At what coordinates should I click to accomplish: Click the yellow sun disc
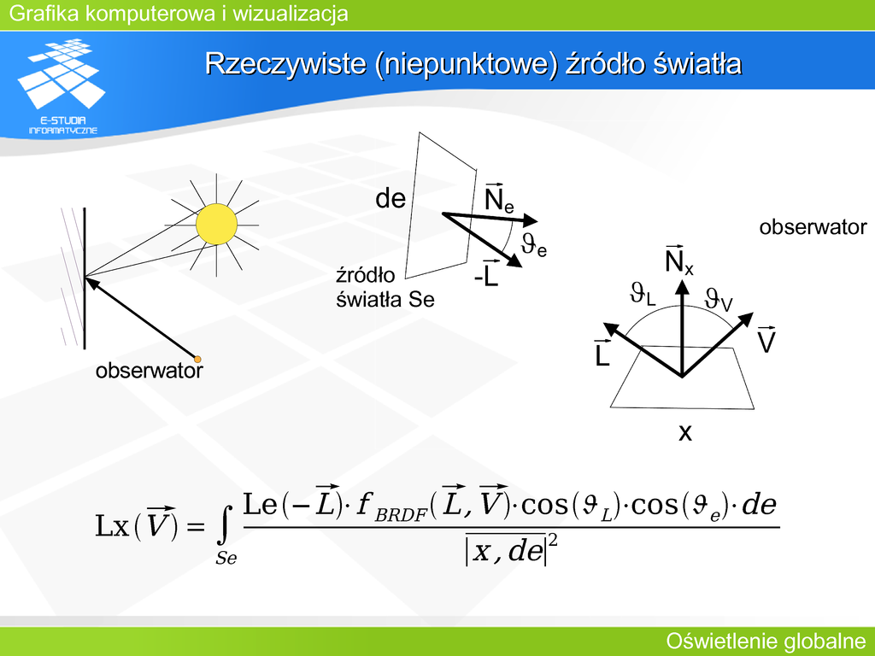coord(216,225)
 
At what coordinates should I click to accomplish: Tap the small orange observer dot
coord(197,360)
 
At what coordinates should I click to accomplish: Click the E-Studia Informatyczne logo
coord(62,86)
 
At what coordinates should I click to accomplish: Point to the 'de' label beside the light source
coord(391,198)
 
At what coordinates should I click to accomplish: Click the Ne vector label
coord(499,198)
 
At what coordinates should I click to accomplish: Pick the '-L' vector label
coord(486,273)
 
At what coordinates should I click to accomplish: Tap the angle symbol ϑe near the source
coord(534,244)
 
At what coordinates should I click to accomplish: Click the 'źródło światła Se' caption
coord(385,287)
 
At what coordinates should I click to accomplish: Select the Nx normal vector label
coord(679,260)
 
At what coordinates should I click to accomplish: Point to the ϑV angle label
coord(719,300)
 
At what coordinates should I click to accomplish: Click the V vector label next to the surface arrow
coord(766,339)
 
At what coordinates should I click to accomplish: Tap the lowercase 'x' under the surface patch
coord(685,432)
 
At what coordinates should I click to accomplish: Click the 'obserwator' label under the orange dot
coord(150,371)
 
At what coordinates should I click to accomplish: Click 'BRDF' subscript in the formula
coord(401,514)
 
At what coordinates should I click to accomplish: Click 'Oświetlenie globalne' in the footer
coord(766,641)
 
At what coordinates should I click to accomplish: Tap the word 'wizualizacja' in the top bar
coord(291,14)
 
